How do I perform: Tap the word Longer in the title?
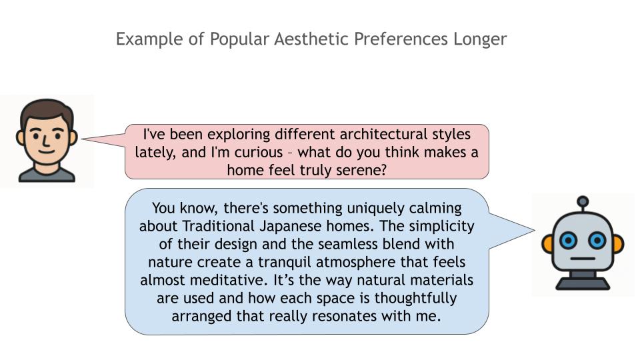click(x=480, y=40)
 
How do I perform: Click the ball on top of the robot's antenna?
click(x=583, y=201)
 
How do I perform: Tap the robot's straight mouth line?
click(x=583, y=259)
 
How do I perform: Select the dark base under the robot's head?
click(x=583, y=283)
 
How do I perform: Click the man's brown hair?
click(x=46, y=110)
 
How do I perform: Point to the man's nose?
click(x=46, y=141)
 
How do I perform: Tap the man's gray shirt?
click(x=47, y=175)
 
